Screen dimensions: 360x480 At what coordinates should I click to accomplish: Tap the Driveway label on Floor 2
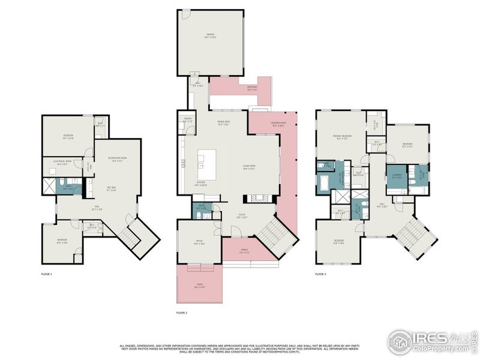point(252,88)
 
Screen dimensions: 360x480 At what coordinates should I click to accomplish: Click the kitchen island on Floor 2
point(202,161)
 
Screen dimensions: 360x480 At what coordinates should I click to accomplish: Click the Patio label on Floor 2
point(199,286)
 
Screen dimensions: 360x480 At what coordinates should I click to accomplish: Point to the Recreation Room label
point(116,159)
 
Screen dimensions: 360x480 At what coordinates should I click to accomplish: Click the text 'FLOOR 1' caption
point(47,274)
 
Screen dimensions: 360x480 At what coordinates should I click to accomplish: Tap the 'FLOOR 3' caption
point(322,274)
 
